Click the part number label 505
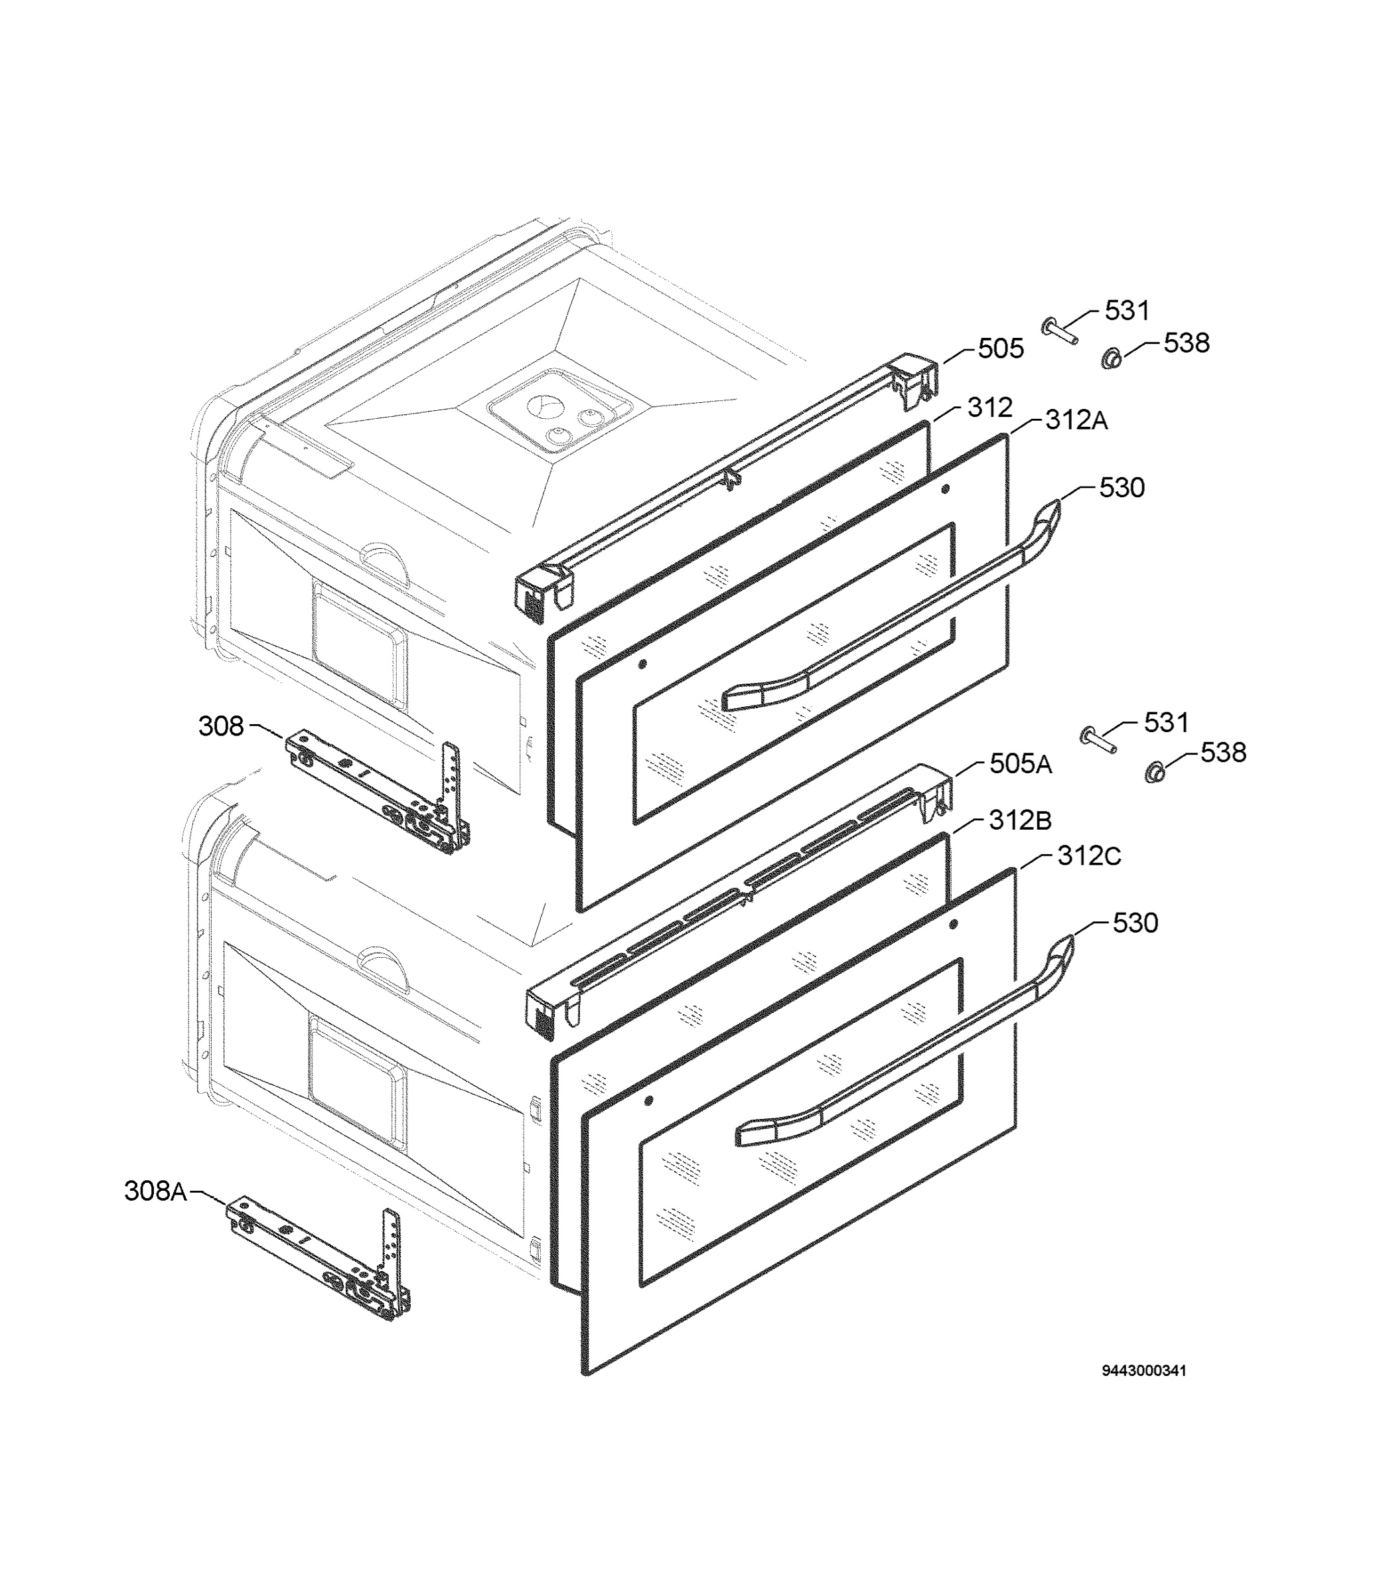click(x=1001, y=349)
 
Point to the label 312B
click(x=1020, y=820)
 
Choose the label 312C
click(x=1089, y=856)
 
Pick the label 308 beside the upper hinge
click(x=222, y=725)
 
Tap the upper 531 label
click(x=1127, y=311)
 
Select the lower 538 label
click(x=1224, y=753)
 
